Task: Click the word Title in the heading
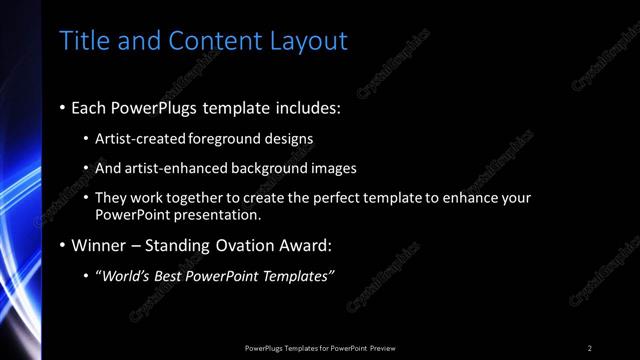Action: point(82,41)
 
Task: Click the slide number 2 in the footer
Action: point(590,348)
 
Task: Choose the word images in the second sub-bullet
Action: point(332,168)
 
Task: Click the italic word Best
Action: point(175,276)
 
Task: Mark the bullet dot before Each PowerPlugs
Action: point(62,106)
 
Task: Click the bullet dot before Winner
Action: point(62,246)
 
